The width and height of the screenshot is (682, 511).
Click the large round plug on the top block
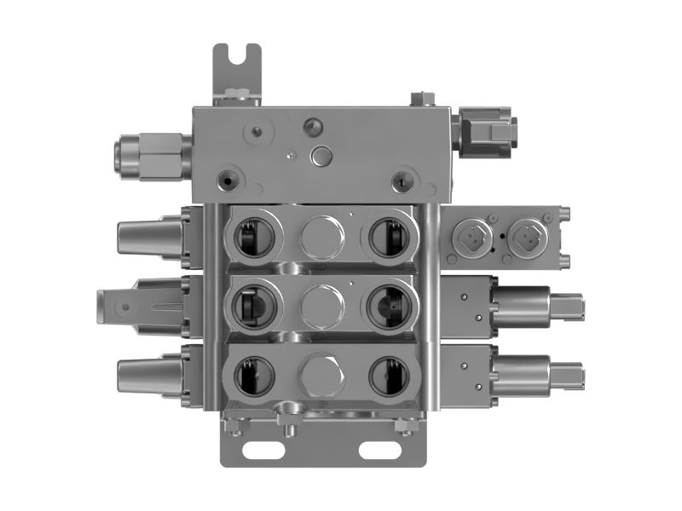tap(322, 155)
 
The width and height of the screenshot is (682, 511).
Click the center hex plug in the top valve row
tap(321, 236)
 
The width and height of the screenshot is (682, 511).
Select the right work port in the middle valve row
tap(389, 304)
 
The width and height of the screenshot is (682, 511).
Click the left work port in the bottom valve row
tap(252, 375)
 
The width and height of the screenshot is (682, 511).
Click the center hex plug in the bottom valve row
tap(321, 375)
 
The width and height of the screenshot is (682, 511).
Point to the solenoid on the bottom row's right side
tap(537, 375)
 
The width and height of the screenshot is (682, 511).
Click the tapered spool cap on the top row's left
tap(145, 236)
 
